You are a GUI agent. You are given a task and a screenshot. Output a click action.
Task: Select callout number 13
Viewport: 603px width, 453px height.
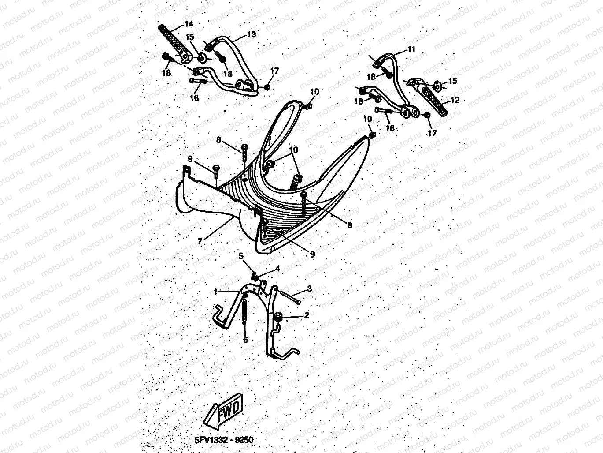click(x=251, y=34)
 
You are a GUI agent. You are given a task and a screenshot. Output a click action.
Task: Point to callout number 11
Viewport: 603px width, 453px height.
click(x=411, y=49)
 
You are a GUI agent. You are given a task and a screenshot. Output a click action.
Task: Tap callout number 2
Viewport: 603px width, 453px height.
click(x=306, y=315)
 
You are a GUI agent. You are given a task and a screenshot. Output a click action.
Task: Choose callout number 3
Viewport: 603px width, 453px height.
click(x=310, y=289)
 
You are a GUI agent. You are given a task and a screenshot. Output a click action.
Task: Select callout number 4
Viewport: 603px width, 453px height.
click(x=277, y=268)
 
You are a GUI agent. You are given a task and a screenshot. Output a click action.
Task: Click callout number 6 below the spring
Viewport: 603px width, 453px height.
click(x=245, y=340)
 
